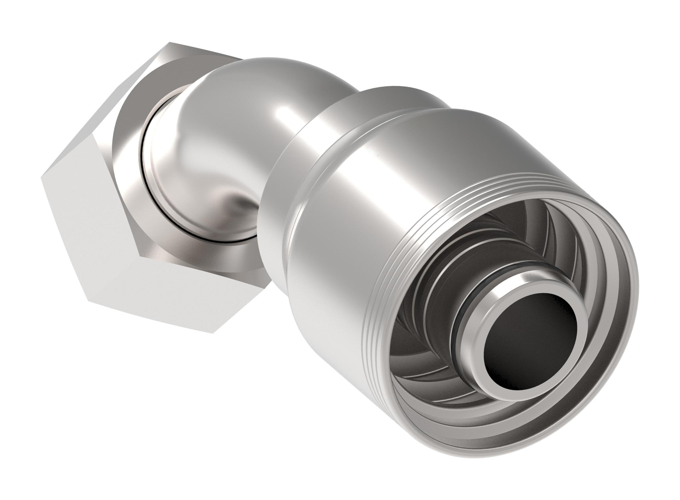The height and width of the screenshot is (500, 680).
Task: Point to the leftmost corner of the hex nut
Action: click(x=41, y=178)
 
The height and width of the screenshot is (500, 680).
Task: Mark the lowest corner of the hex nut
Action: click(x=214, y=333)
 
